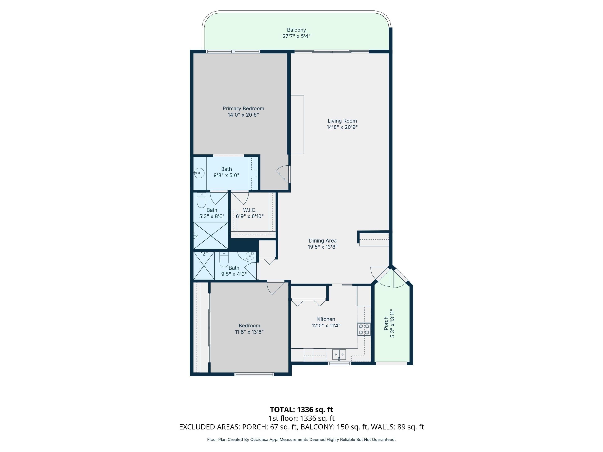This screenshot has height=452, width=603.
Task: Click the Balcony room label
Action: coord(296,30)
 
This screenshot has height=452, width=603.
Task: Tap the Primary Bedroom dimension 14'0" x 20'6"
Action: coord(243,115)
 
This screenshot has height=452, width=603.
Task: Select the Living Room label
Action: coord(342,121)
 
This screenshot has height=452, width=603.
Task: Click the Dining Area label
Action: coord(322,241)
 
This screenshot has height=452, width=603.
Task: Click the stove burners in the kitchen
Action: coord(364,329)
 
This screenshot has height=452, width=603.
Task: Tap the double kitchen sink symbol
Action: coord(339,354)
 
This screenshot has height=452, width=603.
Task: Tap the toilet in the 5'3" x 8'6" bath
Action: coord(201,201)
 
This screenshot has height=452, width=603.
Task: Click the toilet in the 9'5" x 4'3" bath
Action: coord(224,260)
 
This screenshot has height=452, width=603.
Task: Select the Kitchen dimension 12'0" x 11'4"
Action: coord(326,325)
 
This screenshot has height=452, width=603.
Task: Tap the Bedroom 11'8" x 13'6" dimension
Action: coord(249,332)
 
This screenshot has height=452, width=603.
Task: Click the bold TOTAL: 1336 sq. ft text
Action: coord(301,410)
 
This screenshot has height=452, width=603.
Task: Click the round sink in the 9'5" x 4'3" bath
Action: coord(249,256)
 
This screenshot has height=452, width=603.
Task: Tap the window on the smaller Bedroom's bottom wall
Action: coord(254,374)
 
